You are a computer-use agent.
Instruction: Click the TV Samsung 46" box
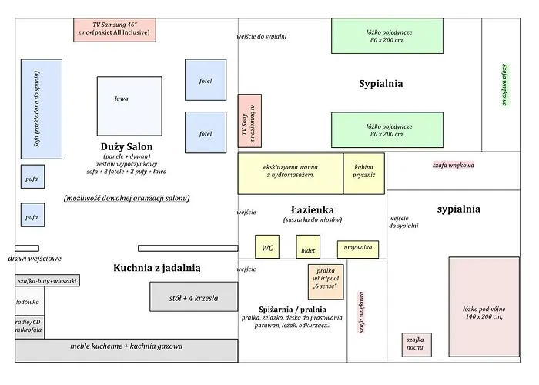pyautogui.click(x=115, y=30)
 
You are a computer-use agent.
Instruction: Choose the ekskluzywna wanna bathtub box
pyautogui.click(x=290, y=173)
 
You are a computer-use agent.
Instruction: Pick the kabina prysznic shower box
pyautogui.click(x=364, y=173)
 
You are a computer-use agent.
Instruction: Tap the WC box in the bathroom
pyautogui.click(x=266, y=247)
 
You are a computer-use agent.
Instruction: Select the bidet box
pyautogui.click(x=308, y=249)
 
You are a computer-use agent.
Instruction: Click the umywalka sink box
pyautogui.click(x=357, y=249)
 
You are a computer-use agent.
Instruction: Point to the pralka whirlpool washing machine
pyautogui.click(x=326, y=282)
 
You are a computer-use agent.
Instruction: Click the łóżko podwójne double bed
pyautogui.click(x=484, y=306)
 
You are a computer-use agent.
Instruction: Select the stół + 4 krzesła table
pyautogui.click(x=193, y=296)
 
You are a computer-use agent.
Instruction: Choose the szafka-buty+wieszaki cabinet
pyautogui.click(x=47, y=282)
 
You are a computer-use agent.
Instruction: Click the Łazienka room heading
pyautogui.click(x=311, y=209)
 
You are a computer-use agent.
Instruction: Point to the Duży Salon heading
pyautogui.click(x=126, y=146)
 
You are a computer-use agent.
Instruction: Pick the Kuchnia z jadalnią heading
pyautogui.click(x=157, y=268)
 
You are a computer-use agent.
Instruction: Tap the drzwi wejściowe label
pyautogui.click(x=35, y=259)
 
